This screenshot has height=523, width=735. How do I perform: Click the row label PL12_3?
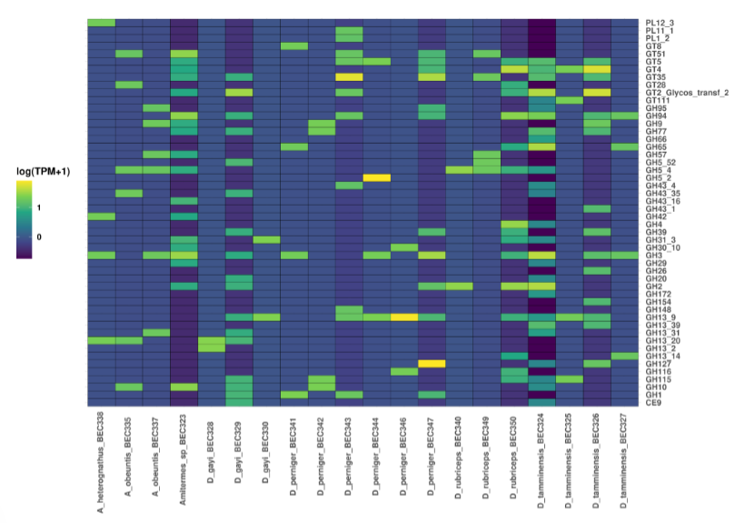tap(660, 23)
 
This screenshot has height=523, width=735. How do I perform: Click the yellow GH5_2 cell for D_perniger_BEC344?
tap(376, 177)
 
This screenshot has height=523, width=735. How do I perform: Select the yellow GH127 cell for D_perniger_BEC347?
tap(432, 363)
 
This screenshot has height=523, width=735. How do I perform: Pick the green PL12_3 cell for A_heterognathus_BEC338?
tap(101, 23)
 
